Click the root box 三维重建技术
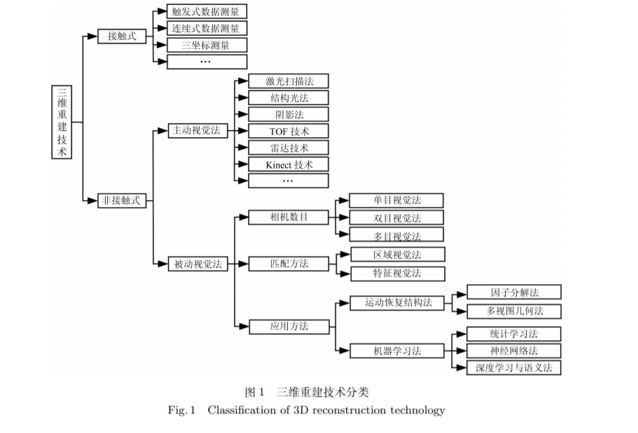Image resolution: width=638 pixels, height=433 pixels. (x=62, y=122)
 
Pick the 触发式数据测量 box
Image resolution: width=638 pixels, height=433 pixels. (x=207, y=12)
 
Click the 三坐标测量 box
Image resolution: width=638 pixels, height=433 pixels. (x=207, y=45)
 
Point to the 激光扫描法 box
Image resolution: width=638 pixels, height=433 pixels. (x=288, y=81)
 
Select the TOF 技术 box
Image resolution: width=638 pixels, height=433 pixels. (x=288, y=131)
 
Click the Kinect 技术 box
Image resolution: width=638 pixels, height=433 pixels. (x=288, y=164)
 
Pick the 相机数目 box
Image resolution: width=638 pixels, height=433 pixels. (x=288, y=217)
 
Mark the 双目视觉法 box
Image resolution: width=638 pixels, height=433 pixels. (x=396, y=218)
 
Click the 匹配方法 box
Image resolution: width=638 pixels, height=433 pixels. (x=288, y=264)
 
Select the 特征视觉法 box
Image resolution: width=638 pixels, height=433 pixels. (x=396, y=274)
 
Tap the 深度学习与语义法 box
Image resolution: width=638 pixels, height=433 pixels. (x=513, y=367)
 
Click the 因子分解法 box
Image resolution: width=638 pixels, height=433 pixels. (x=513, y=292)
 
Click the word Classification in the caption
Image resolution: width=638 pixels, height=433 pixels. (x=240, y=410)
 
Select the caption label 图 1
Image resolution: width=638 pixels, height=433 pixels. (x=254, y=392)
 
